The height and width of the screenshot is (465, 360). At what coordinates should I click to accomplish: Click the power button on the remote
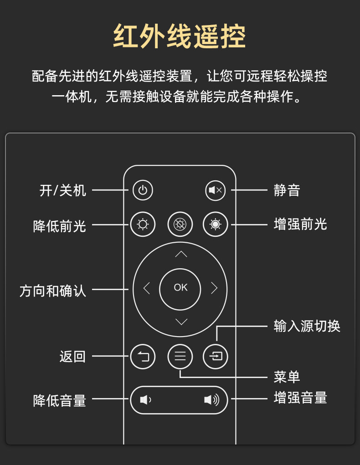143,190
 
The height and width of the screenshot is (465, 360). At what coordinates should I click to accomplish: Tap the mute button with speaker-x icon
215,190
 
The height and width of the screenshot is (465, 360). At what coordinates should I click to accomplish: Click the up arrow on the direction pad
181,254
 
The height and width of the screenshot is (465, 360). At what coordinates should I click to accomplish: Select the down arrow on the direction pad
181,322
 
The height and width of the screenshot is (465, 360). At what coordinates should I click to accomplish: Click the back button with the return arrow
143,357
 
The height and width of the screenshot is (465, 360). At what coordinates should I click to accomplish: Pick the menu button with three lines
180,357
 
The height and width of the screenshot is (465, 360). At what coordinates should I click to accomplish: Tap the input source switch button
216,357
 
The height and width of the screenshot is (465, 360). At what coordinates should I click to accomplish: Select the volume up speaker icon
211,400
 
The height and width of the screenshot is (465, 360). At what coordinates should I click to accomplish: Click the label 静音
287,190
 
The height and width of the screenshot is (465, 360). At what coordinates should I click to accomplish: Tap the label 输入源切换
307,326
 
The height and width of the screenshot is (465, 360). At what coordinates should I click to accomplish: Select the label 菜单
287,377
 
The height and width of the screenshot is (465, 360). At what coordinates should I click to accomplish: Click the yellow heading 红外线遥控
180,36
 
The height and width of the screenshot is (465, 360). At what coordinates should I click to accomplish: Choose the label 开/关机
62,190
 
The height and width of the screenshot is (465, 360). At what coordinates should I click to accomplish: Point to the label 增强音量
300,398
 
